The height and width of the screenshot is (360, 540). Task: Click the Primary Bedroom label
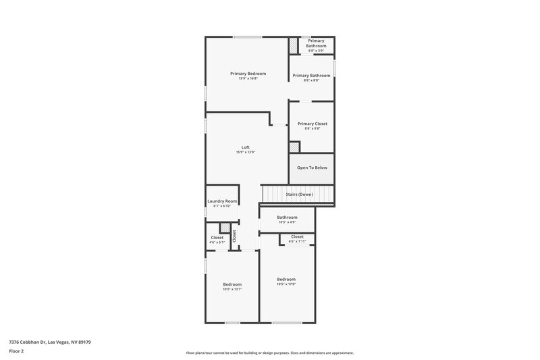click(248, 73)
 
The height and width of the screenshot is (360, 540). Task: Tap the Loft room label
click(245, 147)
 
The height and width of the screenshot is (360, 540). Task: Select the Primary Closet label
click(312, 124)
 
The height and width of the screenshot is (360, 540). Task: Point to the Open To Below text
click(312, 168)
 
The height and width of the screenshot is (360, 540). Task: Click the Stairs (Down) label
click(299, 195)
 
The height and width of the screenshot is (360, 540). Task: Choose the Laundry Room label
click(222, 201)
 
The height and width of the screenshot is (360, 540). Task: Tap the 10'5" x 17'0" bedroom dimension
click(286, 284)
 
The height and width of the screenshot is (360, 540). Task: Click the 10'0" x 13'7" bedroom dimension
click(232, 289)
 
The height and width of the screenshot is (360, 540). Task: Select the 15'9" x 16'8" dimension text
click(248, 78)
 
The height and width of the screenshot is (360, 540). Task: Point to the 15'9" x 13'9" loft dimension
click(245, 153)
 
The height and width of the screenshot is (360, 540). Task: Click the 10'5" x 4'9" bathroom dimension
click(287, 222)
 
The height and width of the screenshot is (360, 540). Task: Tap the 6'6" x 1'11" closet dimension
click(297, 241)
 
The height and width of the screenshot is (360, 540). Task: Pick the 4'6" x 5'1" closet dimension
click(217, 242)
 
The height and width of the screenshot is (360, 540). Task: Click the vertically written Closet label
click(234, 236)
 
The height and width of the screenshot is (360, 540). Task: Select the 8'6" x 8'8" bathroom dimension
click(311, 81)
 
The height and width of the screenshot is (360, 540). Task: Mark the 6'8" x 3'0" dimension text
click(316, 51)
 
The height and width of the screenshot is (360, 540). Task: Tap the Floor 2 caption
click(17, 351)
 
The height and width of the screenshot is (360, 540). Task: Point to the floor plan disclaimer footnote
click(270, 353)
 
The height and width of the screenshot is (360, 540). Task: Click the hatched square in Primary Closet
click(294, 147)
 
